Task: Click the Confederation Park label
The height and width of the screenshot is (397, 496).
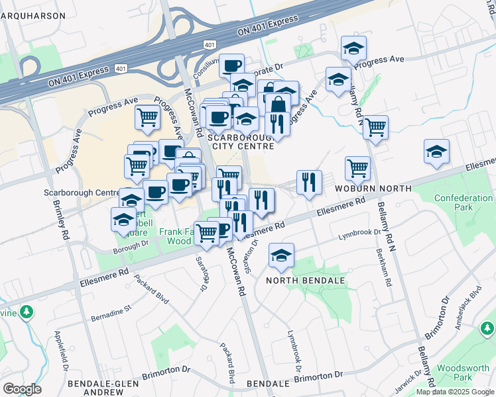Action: [x=464, y=202]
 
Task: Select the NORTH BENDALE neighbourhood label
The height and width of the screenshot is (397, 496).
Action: [x=306, y=281]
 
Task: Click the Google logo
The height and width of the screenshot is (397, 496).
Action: [x=22, y=389]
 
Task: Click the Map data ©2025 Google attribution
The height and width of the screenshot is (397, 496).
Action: [x=454, y=392]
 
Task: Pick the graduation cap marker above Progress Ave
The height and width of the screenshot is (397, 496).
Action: [x=353, y=48]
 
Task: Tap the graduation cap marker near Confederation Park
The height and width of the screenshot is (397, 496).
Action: [x=436, y=152]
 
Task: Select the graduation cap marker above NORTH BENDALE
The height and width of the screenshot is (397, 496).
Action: [x=282, y=255]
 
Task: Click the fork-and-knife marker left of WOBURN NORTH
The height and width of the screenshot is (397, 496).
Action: [x=308, y=182]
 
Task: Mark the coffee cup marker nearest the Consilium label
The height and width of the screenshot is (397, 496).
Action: [x=231, y=66]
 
